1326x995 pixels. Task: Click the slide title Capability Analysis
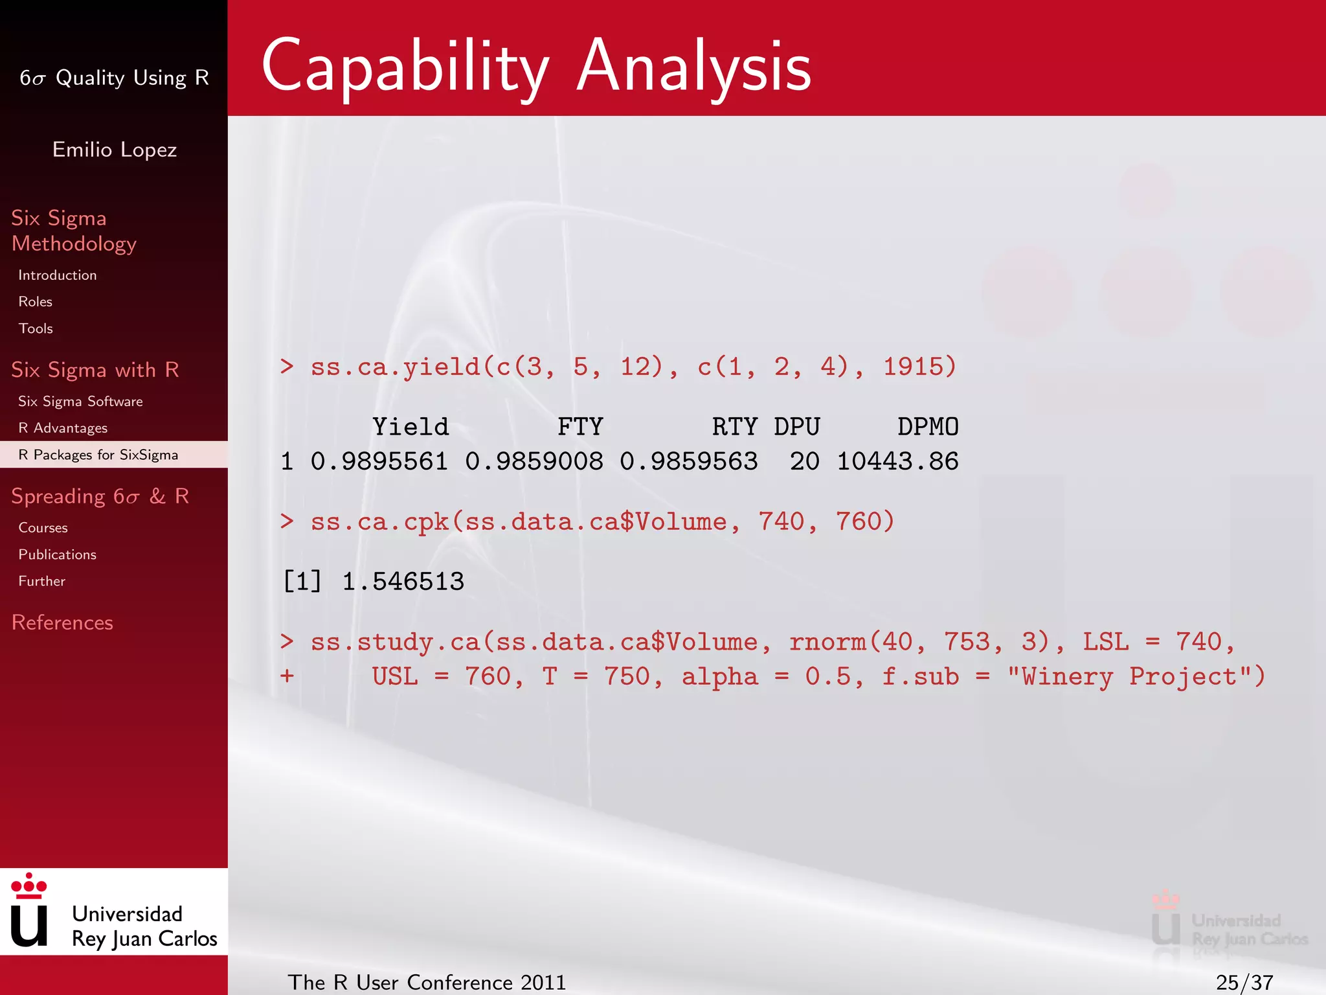(x=536, y=66)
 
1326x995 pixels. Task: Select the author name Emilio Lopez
(x=115, y=150)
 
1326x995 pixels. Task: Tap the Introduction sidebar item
(x=58, y=275)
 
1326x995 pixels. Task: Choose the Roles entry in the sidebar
(x=36, y=302)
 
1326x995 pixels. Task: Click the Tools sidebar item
(x=36, y=328)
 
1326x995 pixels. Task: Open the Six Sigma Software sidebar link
(x=80, y=402)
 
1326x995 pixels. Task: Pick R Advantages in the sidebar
(x=63, y=428)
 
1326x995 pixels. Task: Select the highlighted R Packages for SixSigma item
(x=98, y=455)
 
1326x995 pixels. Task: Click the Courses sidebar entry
(x=43, y=528)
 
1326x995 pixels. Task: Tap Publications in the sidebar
(x=57, y=555)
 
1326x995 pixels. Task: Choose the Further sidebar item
(x=41, y=581)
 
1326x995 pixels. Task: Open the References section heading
(x=62, y=623)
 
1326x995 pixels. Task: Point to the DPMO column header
(x=928, y=427)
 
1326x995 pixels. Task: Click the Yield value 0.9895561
(x=379, y=461)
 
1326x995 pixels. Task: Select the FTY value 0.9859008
(x=534, y=461)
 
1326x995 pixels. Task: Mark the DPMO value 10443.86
(x=897, y=461)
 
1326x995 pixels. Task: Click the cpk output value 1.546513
(x=403, y=582)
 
